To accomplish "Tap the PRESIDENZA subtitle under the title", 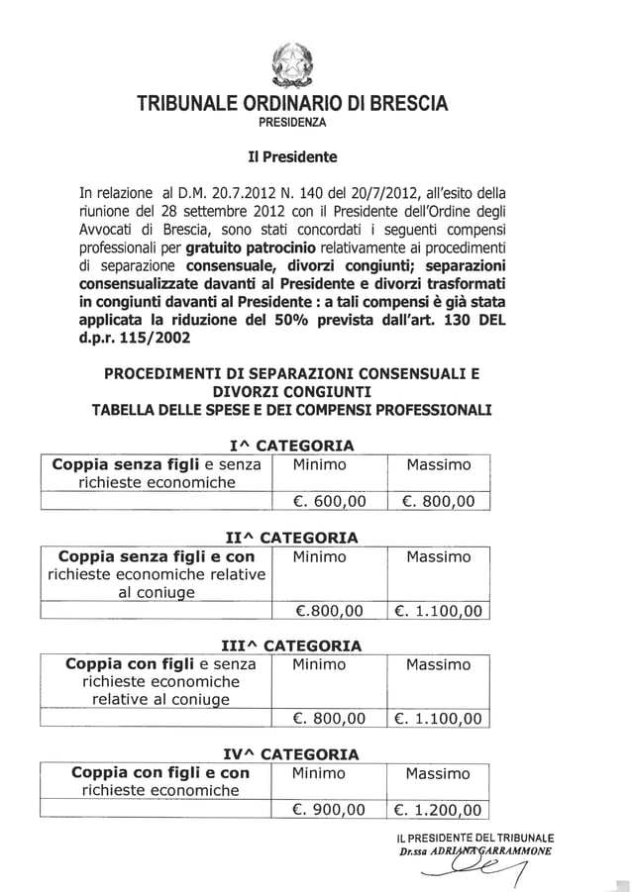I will coord(291,124).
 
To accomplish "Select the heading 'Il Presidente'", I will coord(291,156).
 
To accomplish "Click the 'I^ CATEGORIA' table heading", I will coord(291,446).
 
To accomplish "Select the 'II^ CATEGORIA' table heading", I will coord(291,539).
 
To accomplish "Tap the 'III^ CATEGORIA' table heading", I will coord(291,646).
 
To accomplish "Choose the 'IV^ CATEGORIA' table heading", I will coord(291,754).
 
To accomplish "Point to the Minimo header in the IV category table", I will coord(319,773).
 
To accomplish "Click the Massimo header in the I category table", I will coord(438,465).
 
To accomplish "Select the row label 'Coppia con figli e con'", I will coord(160,772).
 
